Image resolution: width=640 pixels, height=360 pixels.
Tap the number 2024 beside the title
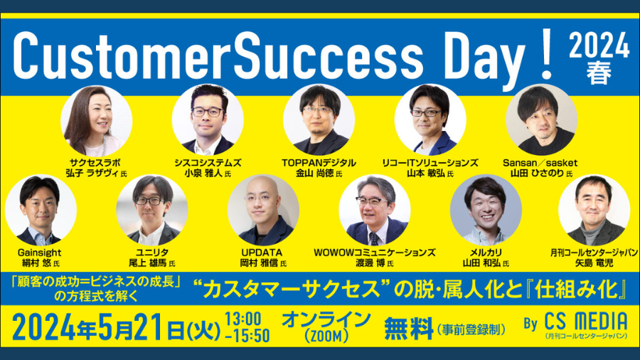coord(599,46)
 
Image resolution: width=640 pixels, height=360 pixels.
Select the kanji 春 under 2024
coord(599,73)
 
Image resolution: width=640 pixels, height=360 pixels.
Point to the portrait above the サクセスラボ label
coord(96,121)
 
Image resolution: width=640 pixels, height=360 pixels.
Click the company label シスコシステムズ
coord(208,163)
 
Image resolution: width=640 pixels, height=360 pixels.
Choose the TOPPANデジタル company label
coord(319,163)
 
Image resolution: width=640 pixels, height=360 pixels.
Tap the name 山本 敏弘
coord(426,174)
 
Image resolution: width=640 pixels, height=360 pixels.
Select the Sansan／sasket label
coord(540,163)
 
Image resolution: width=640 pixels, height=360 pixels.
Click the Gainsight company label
coord(40,253)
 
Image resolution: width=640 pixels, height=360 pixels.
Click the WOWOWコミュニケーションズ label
coord(374,253)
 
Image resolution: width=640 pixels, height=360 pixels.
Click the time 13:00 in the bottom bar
coord(243,318)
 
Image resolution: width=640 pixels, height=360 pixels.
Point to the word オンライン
coord(326,319)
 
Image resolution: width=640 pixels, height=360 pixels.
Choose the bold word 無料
coord(409,329)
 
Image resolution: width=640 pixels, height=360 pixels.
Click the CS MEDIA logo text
coord(586,322)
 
